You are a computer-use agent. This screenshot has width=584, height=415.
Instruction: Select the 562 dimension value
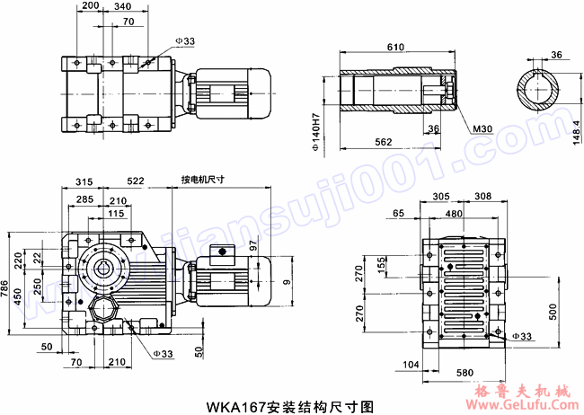(383, 142)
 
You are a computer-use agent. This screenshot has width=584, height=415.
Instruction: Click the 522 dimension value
(136, 181)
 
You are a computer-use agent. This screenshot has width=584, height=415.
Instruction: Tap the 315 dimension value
(85, 181)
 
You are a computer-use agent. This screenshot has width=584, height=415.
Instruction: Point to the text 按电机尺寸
(202, 179)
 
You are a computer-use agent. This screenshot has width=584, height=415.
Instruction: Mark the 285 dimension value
(85, 199)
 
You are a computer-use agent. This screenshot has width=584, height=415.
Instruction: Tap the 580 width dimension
(465, 372)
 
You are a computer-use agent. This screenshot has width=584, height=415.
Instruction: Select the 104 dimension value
(411, 365)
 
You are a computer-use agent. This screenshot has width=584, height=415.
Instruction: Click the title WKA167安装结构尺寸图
(291, 406)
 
